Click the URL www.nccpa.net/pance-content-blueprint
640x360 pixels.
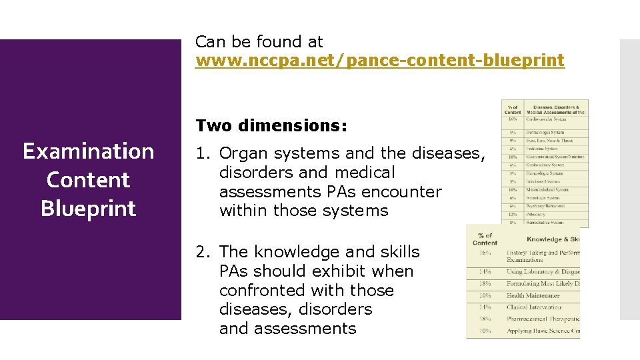pyautogui.click(x=379, y=61)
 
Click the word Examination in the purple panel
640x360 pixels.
pyautogui.click(x=89, y=151)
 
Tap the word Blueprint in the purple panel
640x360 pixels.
pyautogui.click(x=89, y=209)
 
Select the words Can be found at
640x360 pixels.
pyautogui.click(x=259, y=42)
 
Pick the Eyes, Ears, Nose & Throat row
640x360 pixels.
pyautogui.click(x=549, y=141)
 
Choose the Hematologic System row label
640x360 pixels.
pyautogui.click(x=544, y=173)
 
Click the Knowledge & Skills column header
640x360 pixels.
pyautogui.click(x=552, y=239)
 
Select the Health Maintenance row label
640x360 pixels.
pyautogui.click(x=533, y=295)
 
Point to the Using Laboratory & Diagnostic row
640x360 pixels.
pyautogui.click(x=541, y=272)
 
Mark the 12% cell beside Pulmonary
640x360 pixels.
pyautogui.click(x=513, y=214)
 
